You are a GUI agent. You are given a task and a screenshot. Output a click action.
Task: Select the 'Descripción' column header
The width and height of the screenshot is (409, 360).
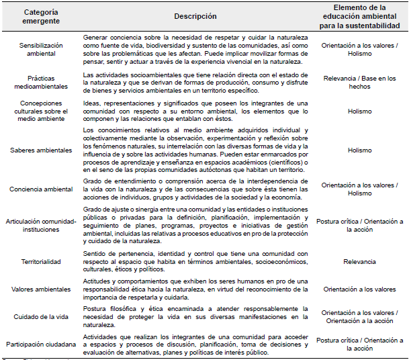coord(195,16)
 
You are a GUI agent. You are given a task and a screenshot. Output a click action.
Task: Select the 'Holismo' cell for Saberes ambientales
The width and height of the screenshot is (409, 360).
coord(360,150)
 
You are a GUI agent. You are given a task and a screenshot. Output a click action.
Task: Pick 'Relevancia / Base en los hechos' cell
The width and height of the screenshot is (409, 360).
coord(360,83)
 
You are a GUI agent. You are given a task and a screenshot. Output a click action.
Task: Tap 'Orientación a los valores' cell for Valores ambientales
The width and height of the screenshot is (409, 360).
coord(360,289)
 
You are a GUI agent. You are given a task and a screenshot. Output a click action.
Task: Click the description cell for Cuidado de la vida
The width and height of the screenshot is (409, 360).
coord(195,316)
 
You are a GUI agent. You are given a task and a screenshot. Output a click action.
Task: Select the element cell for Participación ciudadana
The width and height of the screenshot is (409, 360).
coord(360,344)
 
